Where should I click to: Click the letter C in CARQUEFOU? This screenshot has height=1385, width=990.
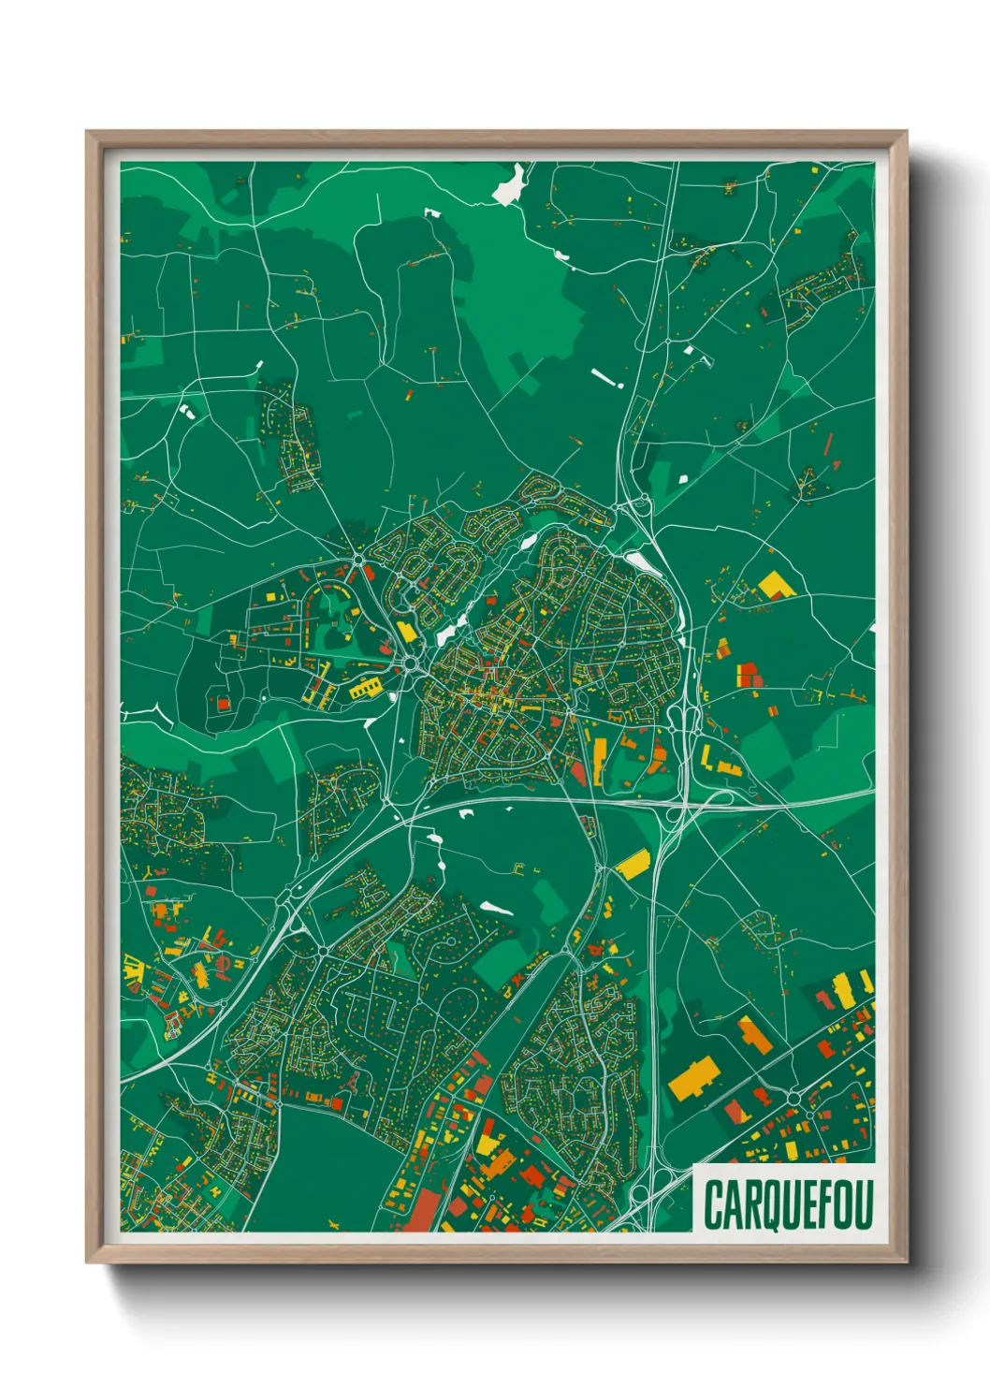pyautogui.click(x=714, y=1204)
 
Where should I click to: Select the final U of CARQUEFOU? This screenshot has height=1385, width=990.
pyautogui.click(x=864, y=1204)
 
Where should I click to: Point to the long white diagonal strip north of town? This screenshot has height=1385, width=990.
pyautogui.click(x=605, y=377)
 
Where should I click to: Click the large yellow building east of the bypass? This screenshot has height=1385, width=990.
pyautogui.click(x=775, y=586)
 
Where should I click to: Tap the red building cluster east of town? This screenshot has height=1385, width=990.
pyautogui.click(x=749, y=676)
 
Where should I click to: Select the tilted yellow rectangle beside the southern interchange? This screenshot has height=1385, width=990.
pyautogui.click(x=633, y=865)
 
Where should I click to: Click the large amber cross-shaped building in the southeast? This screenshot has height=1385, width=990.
pyautogui.click(x=693, y=1077)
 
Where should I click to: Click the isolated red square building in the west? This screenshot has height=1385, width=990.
pyautogui.click(x=223, y=702)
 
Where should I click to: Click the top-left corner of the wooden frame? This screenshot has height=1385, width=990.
pyautogui.click(x=87, y=133)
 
